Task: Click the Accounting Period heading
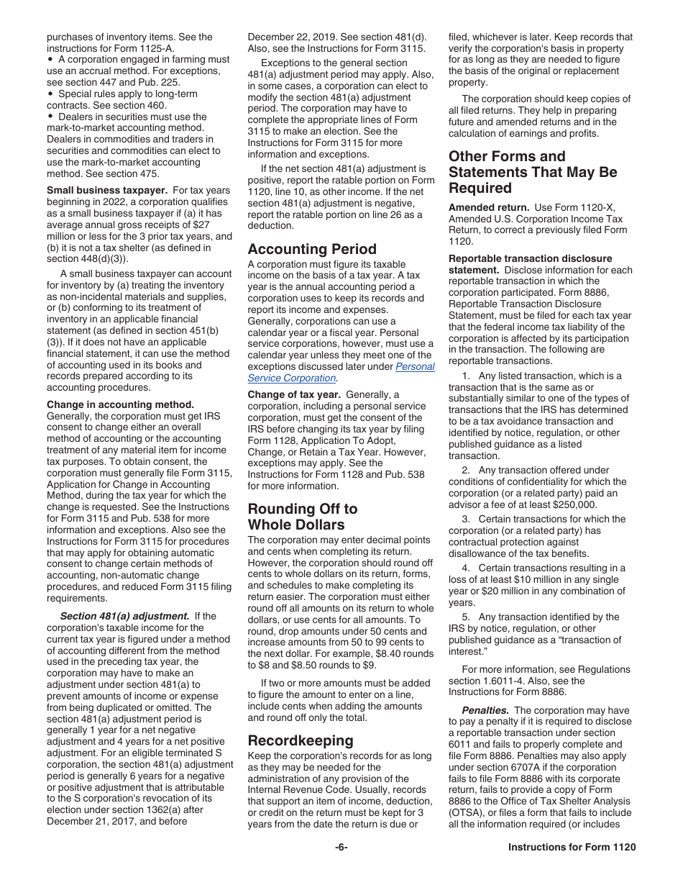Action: point(312,249)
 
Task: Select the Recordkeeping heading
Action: point(301,740)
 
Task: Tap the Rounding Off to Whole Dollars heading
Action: point(303,517)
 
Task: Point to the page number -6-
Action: point(341,848)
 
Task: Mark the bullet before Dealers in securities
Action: point(50,117)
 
